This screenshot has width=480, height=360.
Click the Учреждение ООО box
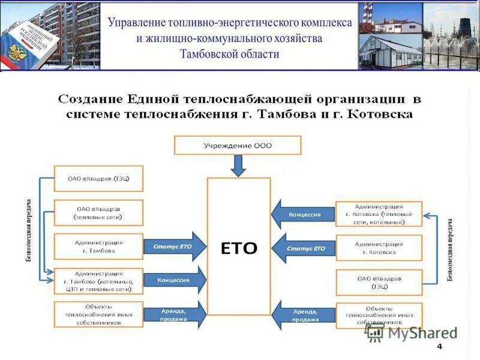point(237,145)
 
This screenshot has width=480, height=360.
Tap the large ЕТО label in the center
point(239,248)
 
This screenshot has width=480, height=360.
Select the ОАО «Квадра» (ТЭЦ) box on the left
point(98,179)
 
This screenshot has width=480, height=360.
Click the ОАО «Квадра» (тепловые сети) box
point(98,212)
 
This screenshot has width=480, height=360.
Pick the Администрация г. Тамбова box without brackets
point(98,246)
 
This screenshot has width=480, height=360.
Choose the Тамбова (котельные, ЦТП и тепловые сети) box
point(98,280)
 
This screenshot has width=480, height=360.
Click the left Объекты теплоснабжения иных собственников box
point(98,314)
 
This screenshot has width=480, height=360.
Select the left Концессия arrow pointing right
point(174,280)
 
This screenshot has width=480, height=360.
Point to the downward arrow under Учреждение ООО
point(238,165)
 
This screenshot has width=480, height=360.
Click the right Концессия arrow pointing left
point(303,214)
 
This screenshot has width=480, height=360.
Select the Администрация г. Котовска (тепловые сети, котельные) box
point(379,214)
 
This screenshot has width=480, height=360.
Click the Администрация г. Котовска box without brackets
point(379,248)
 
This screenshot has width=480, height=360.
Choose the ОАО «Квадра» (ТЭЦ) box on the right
point(379,282)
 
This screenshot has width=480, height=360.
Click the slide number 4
point(439,347)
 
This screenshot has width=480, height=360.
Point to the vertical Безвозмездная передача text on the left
point(29,231)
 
